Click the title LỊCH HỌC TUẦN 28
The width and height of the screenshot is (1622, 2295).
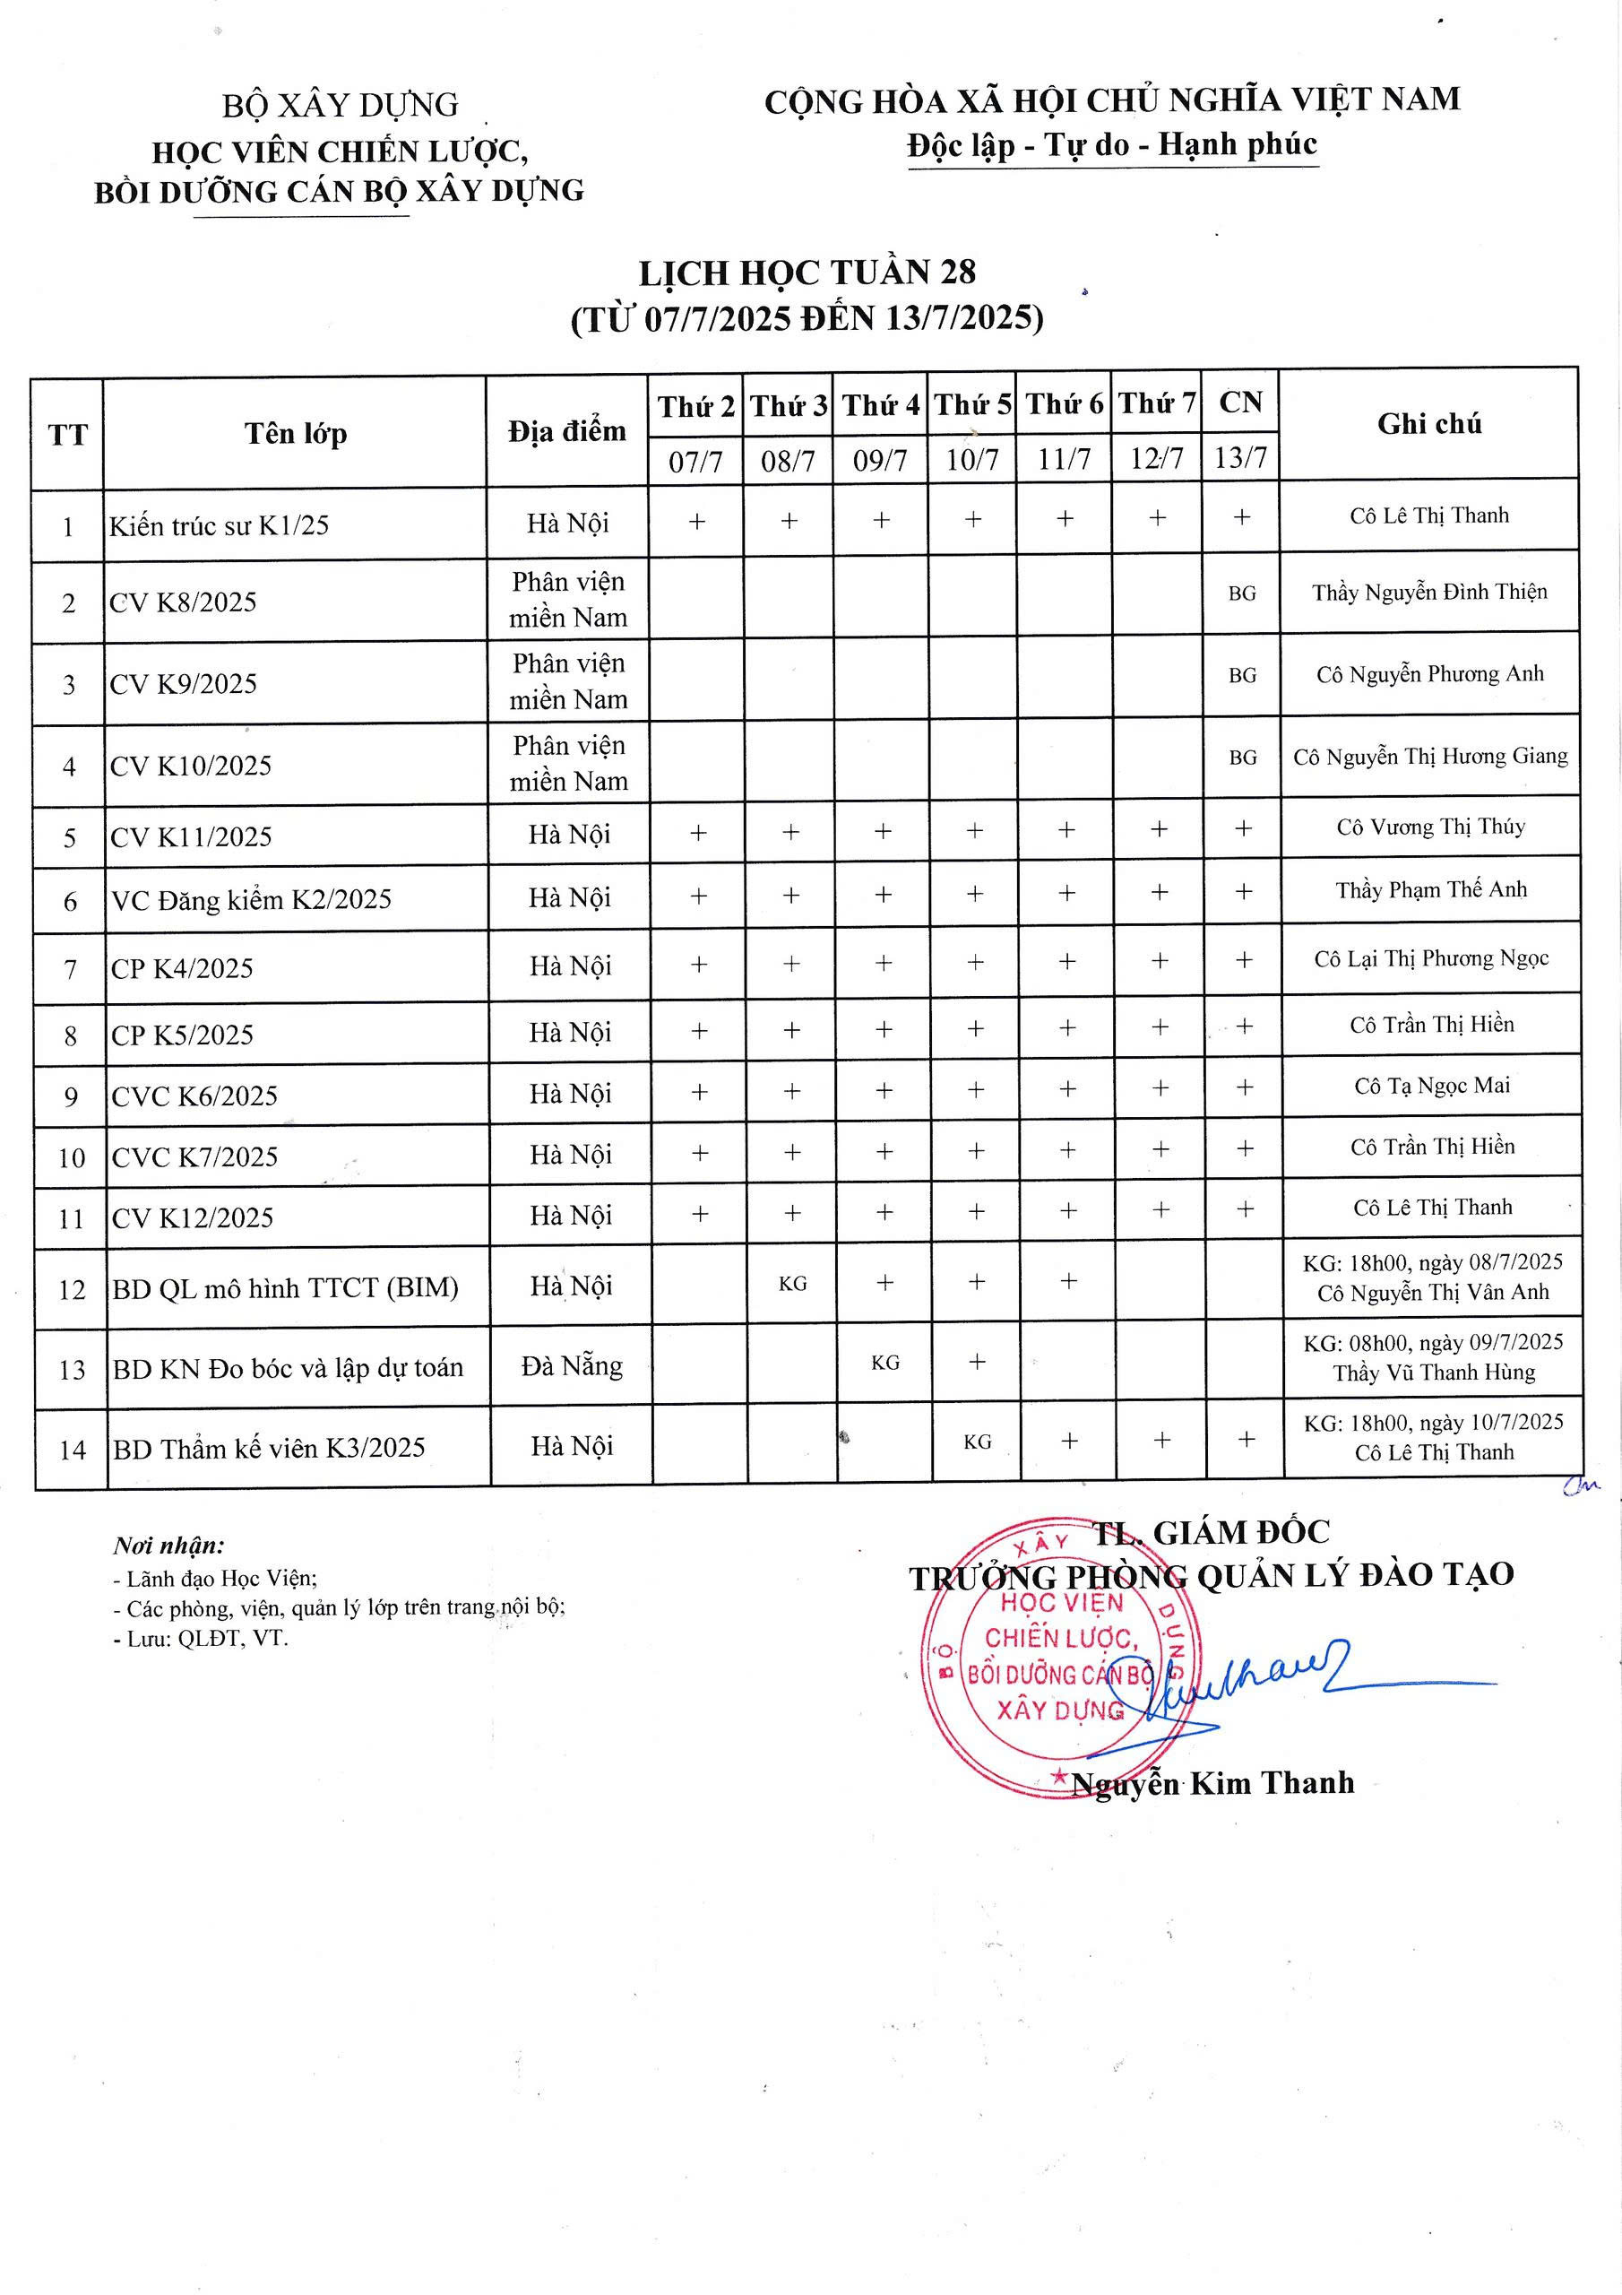pyautogui.click(x=807, y=273)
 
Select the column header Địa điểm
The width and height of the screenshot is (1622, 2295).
pyautogui.click(x=566, y=432)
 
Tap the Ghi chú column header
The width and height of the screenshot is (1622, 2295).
pyautogui.click(x=1429, y=424)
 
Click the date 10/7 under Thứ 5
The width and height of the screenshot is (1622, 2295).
pyautogui.click(x=972, y=460)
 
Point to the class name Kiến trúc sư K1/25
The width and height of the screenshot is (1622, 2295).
pyautogui.click(x=219, y=525)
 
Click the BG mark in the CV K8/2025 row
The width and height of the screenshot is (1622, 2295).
pyautogui.click(x=1241, y=593)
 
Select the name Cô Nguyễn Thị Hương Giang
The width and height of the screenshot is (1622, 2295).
pyautogui.click(x=1430, y=757)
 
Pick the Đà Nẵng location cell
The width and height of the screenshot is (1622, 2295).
pyautogui.click(x=572, y=1365)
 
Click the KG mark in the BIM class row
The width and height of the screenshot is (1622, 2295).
pyautogui.click(x=792, y=1284)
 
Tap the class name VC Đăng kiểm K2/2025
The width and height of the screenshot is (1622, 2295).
pyautogui.click(x=252, y=899)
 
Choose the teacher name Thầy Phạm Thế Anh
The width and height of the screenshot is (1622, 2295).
pyautogui.click(x=1431, y=889)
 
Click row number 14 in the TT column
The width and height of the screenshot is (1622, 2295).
pyautogui.click(x=72, y=1450)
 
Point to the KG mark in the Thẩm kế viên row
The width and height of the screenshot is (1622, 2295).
pyautogui.click(x=978, y=1442)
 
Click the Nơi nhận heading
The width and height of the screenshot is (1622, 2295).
pyautogui.click(x=168, y=1546)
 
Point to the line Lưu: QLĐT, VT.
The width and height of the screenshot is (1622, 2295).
pyautogui.click(x=201, y=1638)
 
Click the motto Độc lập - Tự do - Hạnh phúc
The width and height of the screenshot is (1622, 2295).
pyautogui.click(x=1111, y=145)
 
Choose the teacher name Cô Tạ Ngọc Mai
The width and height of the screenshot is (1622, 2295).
pyautogui.click(x=1431, y=1086)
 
